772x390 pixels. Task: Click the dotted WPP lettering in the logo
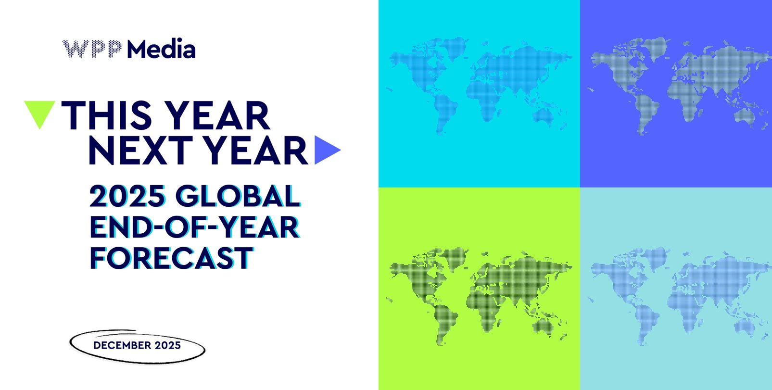(x=92, y=49)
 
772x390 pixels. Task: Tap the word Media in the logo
(x=161, y=49)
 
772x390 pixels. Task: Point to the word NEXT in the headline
(x=140, y=150)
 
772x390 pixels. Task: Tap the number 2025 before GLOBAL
(x=127, y=196)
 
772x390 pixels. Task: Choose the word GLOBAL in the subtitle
(x=238, y=196)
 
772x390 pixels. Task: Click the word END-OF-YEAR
(x=195, y=227)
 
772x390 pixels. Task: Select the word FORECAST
(x=171, y=258)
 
